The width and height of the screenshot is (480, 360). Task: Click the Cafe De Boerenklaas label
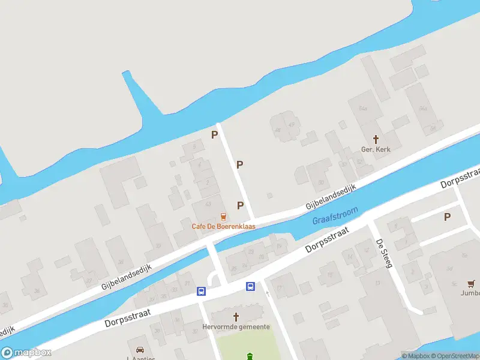[x=223, y=226]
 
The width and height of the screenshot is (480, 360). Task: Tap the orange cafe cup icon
[x=223, y=216]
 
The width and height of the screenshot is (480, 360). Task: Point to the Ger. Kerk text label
[x=376, y=149]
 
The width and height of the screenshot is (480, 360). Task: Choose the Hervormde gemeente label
[x=235, y=328]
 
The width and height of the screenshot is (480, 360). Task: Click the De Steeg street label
[x=382, y=252]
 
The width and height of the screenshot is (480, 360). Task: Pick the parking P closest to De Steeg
[x=447, y=217]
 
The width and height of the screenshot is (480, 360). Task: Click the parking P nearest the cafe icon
[x=241, y=205]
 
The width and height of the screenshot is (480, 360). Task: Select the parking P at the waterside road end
[x=214, y=135]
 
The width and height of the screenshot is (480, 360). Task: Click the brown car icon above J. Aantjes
[x=140, y=350]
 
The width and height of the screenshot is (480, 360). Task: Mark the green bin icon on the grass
[x=250, y=356]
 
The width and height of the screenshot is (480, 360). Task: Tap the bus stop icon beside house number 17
[x=250, y=287]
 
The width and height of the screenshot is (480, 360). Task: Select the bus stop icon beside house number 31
[x=201, y=292]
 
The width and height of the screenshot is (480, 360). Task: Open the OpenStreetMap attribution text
[x=458, y=356]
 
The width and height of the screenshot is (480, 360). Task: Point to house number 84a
[x=362, y=109]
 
